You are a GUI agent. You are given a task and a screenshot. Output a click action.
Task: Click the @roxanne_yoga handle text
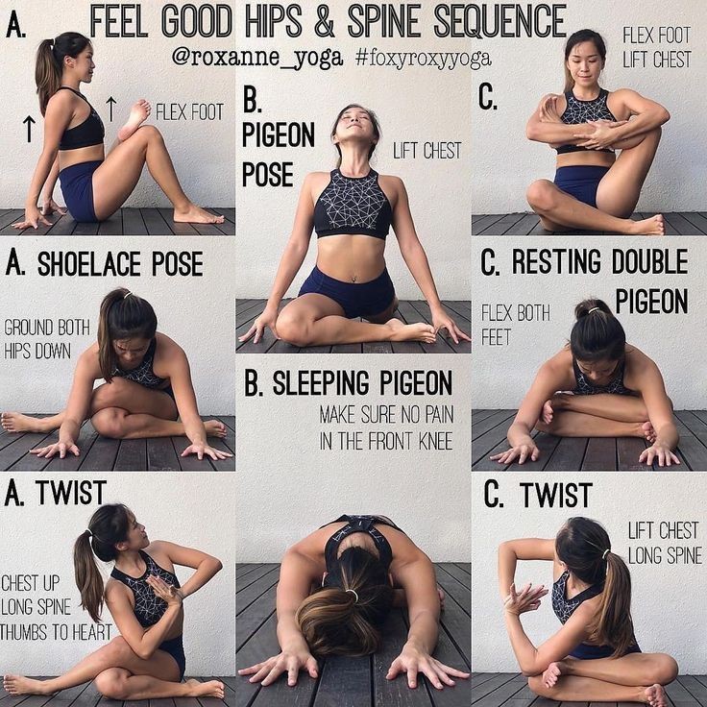257,59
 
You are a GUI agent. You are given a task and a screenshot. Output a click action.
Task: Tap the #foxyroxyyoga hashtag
423,59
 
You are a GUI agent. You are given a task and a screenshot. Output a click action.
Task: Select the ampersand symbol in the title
324,21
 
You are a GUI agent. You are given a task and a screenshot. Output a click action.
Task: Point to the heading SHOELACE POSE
120,264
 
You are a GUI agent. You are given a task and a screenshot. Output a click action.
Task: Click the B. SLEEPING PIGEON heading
348,383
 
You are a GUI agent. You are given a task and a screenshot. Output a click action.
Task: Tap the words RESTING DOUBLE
600,262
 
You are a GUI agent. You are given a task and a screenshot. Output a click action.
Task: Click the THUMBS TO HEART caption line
56,632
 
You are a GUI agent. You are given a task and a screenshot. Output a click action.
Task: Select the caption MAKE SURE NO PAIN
386,415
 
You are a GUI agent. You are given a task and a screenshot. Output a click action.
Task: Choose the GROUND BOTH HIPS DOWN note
47,339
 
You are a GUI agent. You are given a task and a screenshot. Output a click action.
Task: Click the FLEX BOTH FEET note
516,325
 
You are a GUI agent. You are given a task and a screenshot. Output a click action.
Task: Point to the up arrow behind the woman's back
29,128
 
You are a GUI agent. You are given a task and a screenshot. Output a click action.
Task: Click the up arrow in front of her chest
110,109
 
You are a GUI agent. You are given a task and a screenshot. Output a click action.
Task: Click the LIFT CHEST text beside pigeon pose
427,151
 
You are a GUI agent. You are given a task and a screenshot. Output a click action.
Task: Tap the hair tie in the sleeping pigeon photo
352,596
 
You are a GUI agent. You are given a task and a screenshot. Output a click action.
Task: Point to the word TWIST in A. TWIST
71,493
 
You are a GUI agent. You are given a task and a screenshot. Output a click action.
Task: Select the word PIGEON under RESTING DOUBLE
651,302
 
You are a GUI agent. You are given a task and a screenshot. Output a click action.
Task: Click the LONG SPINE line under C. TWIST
665,555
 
